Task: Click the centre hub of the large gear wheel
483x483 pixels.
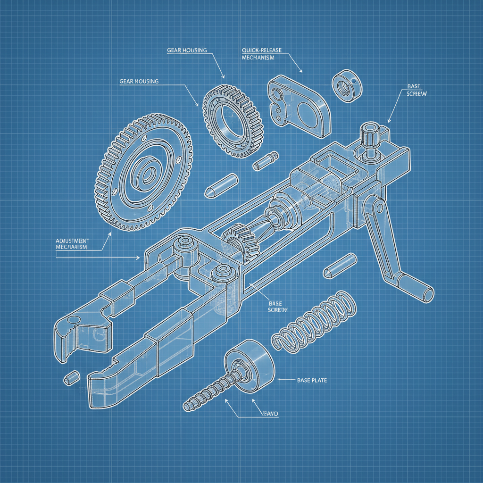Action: [x=144, y=174]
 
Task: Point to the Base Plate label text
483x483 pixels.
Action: [x=312, y=380]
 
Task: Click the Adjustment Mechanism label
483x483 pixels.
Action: [x=72, y=243]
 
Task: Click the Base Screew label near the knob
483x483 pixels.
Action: [x=416, y=91]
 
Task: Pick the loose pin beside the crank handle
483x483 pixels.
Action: [x=340, y=266]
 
